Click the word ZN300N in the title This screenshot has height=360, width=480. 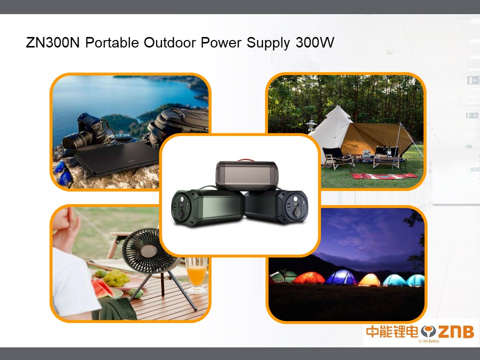click(x=52, y=42)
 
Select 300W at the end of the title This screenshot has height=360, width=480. click(x=314, y=42)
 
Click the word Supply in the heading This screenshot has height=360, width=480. click(x=268, y=43)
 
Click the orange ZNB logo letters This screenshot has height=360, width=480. click(x=456, y=331)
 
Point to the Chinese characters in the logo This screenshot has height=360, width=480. click(x=392, y=331)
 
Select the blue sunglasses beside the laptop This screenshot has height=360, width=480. click(x=63, y=173)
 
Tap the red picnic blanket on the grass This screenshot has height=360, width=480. click(x=384, y=176)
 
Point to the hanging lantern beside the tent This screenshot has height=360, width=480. click(x=311, y=125)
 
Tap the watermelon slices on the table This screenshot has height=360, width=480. click(x=102, y=289)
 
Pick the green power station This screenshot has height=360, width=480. click(x=207, y=206)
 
